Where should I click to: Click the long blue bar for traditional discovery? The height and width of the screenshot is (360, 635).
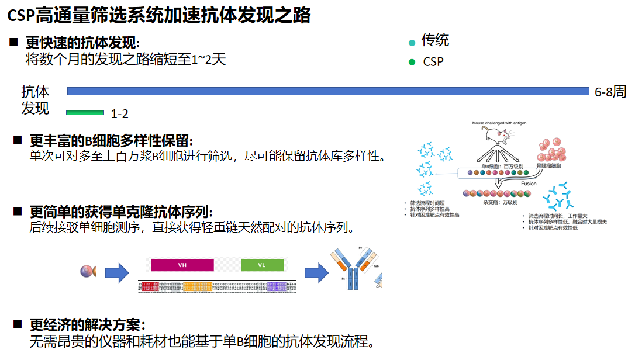(327, 91)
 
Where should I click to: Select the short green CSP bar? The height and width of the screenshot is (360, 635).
(85, 112)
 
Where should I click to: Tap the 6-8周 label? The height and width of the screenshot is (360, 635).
(610, 92)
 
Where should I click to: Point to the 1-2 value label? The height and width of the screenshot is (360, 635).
(119, 114)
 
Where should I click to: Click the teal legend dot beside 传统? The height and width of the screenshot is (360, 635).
(412, 42)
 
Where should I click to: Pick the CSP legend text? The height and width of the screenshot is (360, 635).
(433, 61)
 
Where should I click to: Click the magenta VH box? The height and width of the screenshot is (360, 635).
(182, 265)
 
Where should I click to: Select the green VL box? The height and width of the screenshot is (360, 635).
(261, 265)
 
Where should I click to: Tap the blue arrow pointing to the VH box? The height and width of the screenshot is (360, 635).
(116, 272)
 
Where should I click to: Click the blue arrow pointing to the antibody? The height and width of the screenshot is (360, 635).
(316, 272)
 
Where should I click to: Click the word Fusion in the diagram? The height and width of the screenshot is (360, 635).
(529, 184)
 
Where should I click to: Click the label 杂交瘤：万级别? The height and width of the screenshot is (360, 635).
(501, 202)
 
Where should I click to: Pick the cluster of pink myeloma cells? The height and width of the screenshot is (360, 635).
(552, 150)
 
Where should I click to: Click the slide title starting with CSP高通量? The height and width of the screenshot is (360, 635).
(158, 15)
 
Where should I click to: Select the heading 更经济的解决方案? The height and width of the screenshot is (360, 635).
(87, 325)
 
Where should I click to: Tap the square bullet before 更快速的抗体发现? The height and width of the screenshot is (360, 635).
(13, 43)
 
